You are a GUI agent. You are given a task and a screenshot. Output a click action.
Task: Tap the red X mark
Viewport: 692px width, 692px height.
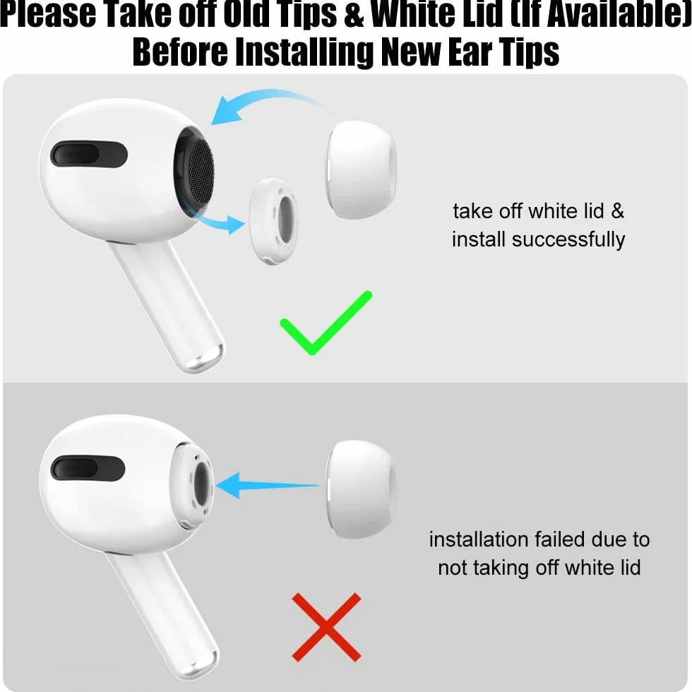[326, 627]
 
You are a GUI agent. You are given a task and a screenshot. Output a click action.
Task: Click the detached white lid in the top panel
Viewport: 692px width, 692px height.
[273, 222]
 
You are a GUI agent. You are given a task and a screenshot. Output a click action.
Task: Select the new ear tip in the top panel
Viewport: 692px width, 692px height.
[361, 169]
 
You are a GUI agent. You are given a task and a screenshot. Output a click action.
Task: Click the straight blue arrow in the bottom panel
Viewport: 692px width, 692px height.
[267, 486]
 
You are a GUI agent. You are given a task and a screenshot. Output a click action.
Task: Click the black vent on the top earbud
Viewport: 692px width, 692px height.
[89, 155]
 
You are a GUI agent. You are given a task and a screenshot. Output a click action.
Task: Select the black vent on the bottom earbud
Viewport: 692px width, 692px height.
[88, 468]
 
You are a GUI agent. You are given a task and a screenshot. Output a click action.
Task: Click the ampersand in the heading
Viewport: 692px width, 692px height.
[354, 15]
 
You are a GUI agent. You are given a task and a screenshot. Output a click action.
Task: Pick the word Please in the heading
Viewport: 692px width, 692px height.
[48, 14]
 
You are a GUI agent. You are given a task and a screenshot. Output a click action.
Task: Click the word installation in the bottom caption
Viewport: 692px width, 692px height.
[479, 539]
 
